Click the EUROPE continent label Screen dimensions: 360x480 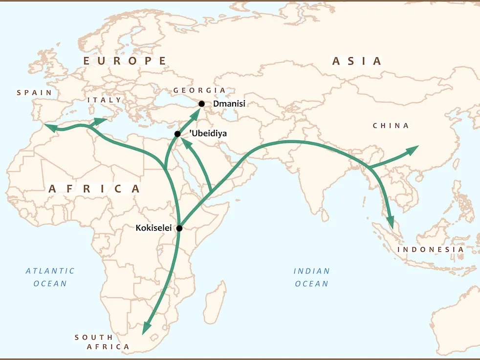click(x=125, y=61)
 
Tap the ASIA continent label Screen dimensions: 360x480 click(x=357, y=61)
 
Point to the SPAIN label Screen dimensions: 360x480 click(x=34, y=92)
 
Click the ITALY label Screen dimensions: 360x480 click(x=104, y=100)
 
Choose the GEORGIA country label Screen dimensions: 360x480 click(x=199, y=90)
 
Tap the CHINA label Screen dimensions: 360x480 click(x=391, y=126)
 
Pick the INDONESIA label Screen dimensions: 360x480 click(x=431, y=249)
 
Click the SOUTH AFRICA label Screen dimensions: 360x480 click(x=102, y=342)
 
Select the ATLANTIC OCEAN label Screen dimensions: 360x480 click(x=50, y=277)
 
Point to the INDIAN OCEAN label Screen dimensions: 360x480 click(x=312, y=277)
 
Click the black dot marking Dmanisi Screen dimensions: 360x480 click(x=201, y=104)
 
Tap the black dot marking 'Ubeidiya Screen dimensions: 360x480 click(x=177, y=134)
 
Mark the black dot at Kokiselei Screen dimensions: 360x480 click(x=179, y=228)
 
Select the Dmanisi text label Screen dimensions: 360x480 click(x=229, y=104)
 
